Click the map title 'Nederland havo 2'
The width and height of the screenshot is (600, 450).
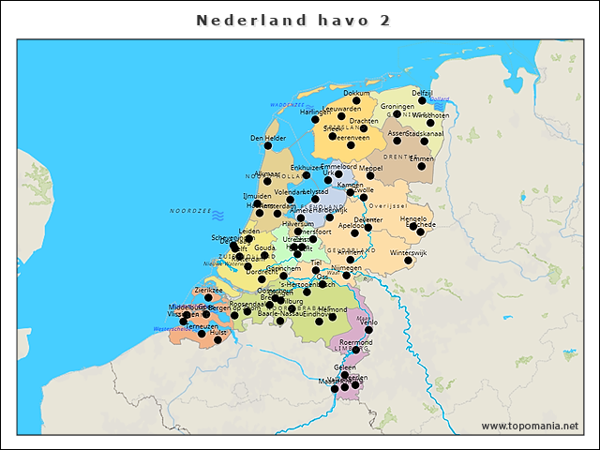coord(293,20)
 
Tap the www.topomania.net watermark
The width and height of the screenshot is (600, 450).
coord(530,427)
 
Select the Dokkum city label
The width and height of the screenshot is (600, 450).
coord(356,94)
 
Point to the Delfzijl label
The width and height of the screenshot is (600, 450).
coord(423,93)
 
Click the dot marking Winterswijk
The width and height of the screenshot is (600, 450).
coord(410,262)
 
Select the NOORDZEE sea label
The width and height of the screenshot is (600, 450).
coord(187,213)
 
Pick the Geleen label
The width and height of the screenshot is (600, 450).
coord(345,367)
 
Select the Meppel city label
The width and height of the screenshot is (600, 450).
coord(384,169)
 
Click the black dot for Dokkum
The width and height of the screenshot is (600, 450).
coord(356,101)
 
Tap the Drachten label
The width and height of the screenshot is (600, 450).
coord(364,121)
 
